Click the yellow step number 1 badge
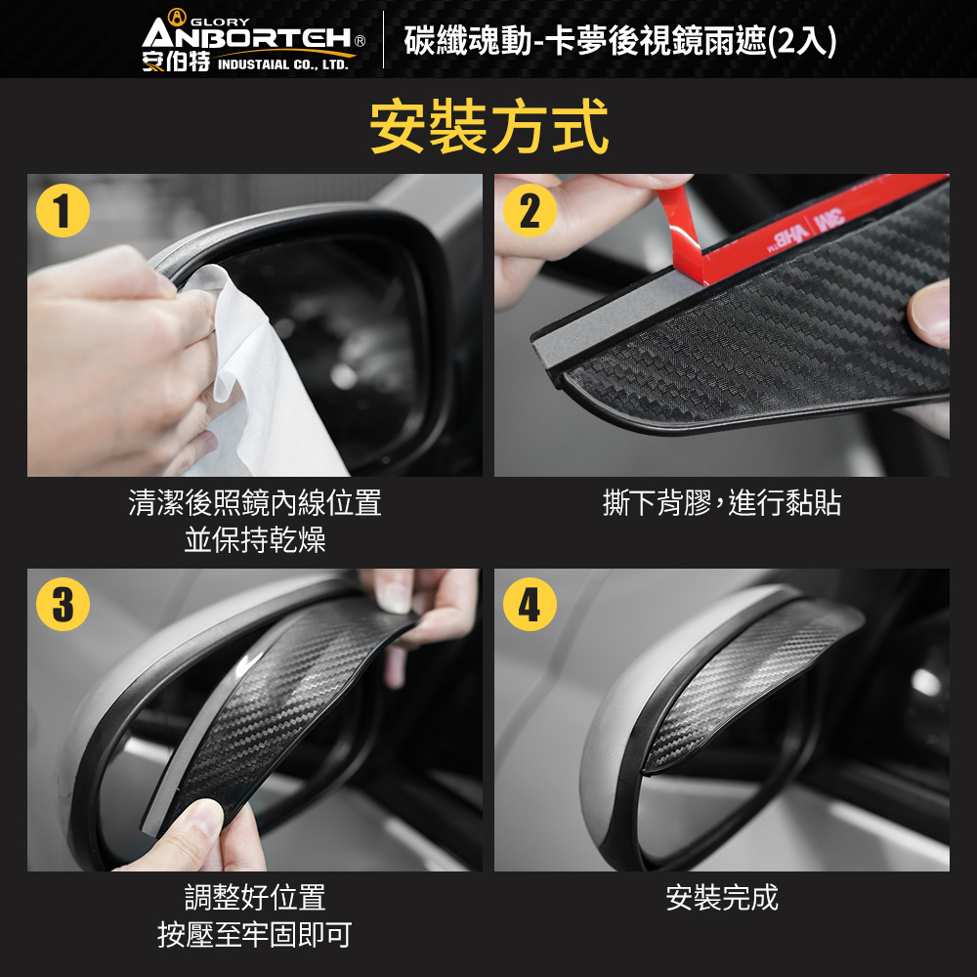pos(63,210)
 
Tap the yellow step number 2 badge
pos(530,210)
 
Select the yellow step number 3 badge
pos(63,605)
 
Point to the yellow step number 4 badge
pos(530,605)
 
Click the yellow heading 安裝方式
pos(488,126)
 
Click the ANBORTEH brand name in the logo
pos(247,36)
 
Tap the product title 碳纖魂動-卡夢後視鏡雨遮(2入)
pos(620,41)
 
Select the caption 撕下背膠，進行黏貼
pos(722,503)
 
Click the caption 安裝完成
pos(722,898)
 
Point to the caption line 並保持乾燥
pos(255,539)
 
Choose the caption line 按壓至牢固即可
pos(255,935)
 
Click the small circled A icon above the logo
pos(178,17)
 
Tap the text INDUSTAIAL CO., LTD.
pos(283,64)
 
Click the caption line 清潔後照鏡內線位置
pos(255,503)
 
